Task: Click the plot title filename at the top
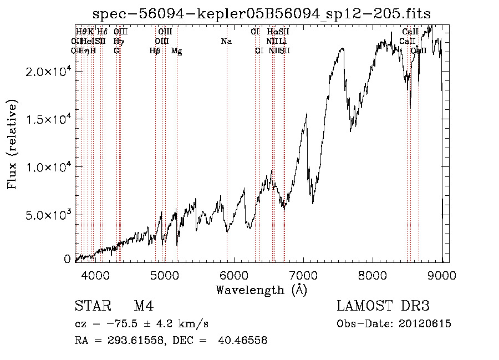262,13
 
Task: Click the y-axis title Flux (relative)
12,145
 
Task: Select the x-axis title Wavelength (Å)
261,290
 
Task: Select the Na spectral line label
226,41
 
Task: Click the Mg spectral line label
176,50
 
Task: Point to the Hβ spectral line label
155,50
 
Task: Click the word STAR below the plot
91,307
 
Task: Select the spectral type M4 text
143,307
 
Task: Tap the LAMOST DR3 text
383,307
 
